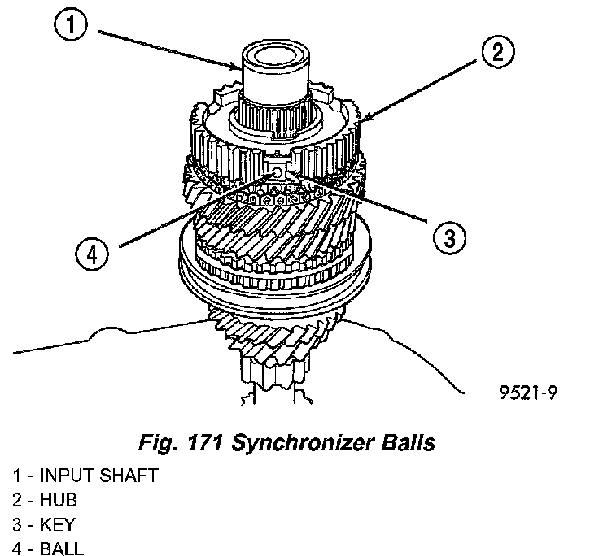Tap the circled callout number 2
(x=496, y=53)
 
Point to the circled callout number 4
(x=93, y=254)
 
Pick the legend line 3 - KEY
(x=46, y=525)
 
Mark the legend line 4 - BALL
(x=49, y=549)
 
